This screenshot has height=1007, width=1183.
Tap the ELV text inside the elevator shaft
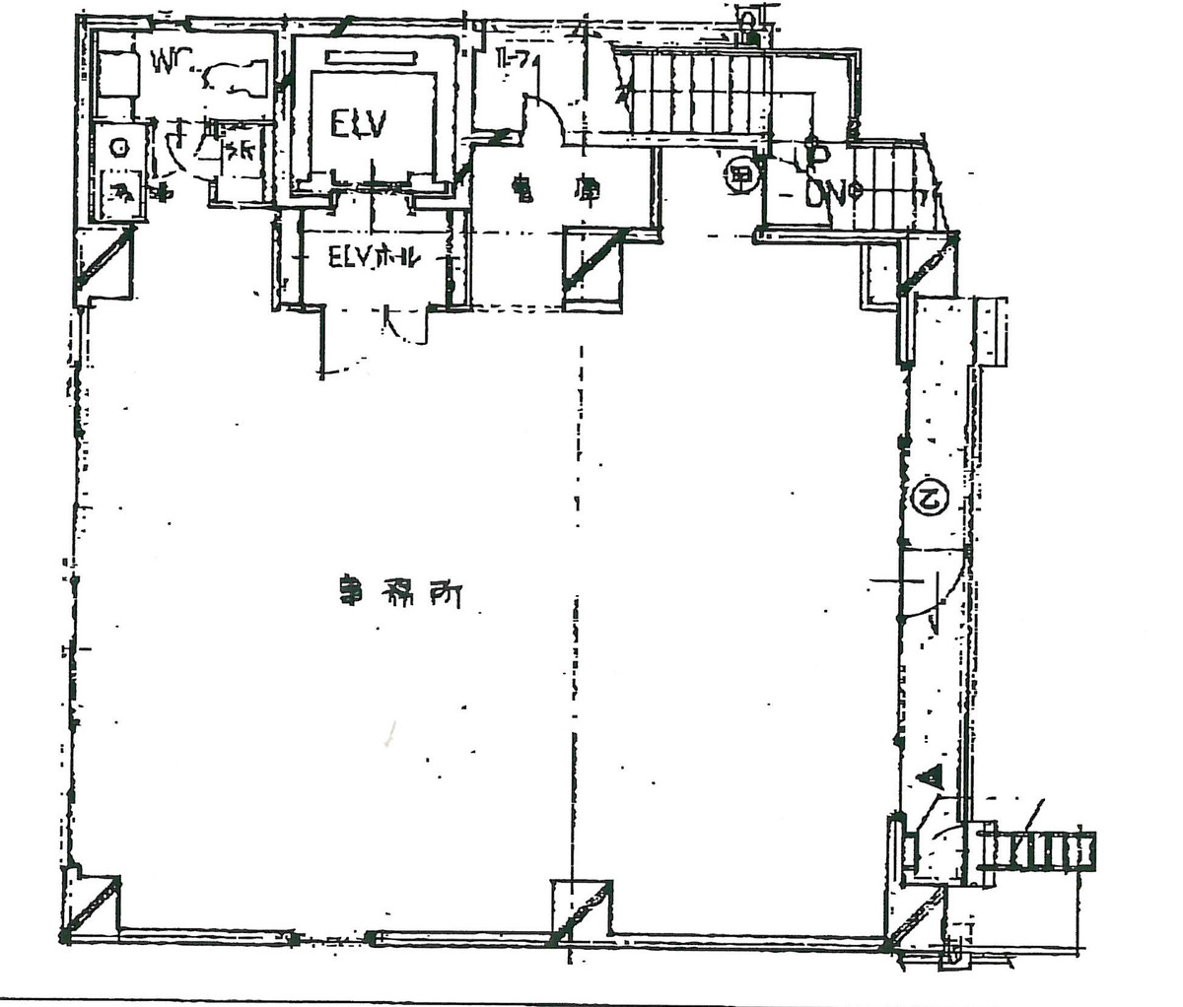point(358,126)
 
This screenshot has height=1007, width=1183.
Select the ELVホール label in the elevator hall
point(376,259)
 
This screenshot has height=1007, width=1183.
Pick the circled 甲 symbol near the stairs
point(740,178)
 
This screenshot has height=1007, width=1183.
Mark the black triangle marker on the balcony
point(930,776)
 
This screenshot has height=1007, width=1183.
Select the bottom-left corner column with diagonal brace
point(91,904)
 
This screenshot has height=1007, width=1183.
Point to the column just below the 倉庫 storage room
point(592,269)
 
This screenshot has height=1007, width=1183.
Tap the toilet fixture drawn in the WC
point(235,78)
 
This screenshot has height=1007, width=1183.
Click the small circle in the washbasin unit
point(120,148)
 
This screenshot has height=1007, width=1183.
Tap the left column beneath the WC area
point(104,263)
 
